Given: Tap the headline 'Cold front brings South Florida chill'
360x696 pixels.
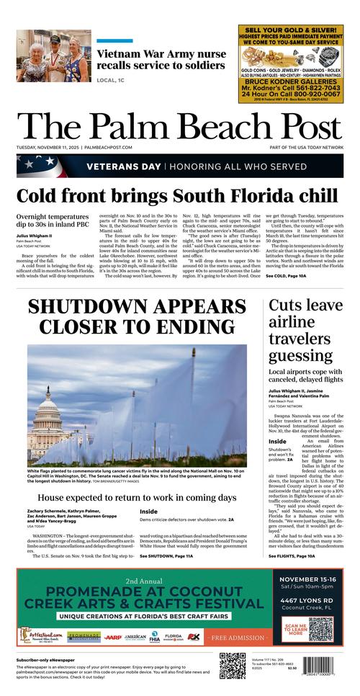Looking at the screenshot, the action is point(177,196).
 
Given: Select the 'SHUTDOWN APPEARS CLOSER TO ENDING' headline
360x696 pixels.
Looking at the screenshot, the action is point(136,316).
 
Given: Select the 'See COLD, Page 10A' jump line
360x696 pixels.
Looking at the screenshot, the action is point(286,276).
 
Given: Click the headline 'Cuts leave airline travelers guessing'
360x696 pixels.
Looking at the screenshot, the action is point(305,330).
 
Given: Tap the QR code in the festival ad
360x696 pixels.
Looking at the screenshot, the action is point(320,629).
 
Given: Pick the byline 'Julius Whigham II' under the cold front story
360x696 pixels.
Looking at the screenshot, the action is point(35,235).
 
